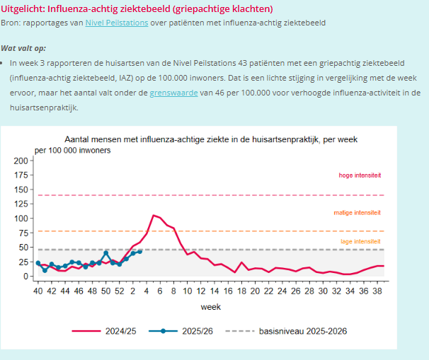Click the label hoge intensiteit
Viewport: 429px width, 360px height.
(360, 175)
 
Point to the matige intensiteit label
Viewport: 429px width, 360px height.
(357, 212)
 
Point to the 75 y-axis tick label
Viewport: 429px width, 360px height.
(23, 230)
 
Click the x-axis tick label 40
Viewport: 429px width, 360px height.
(38, 291)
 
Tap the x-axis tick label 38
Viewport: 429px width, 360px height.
(379, 291)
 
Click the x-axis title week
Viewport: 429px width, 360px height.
(210, 307)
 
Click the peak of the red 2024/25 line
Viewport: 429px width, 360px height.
(153, 214)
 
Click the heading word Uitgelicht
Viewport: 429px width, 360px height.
(23, 8)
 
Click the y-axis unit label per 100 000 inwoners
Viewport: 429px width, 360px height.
(72, 151)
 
